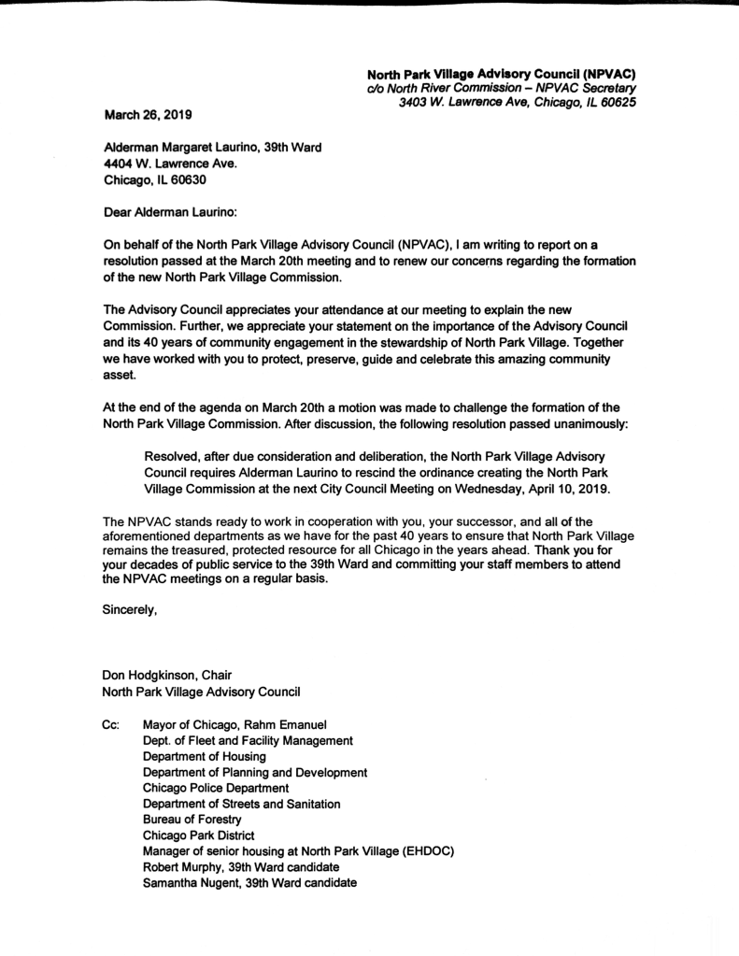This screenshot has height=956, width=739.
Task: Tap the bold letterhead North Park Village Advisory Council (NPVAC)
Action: pos(501,72)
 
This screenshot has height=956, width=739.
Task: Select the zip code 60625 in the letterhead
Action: pos(618,102)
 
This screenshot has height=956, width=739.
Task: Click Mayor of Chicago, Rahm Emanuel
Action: pos(235,724)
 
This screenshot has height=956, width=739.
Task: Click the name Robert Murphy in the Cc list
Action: pos(185,867)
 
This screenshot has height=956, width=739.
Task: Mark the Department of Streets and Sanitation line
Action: pos(241,804)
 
